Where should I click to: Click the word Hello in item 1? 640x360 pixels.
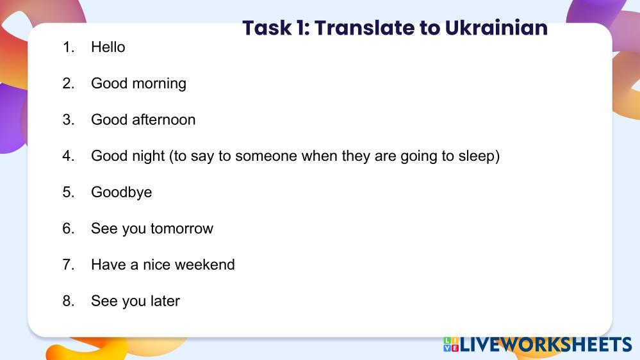coord(108,47)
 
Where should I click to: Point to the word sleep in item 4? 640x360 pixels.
coord(477,156)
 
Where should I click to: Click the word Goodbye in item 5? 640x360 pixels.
coord(121,192)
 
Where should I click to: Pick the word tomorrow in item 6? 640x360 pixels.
coord(182,229)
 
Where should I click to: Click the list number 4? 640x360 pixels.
coord(68,156)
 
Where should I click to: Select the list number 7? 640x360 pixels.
coord(68,265)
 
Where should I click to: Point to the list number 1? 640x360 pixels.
coord(68,47)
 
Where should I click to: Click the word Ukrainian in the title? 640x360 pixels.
coord(496,28)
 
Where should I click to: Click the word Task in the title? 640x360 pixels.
coord(267,28)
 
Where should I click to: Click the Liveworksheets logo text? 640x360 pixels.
coord(546,345)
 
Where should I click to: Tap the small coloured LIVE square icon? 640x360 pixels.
coord(451,345)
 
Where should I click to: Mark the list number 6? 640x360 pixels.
coord(68,228)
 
